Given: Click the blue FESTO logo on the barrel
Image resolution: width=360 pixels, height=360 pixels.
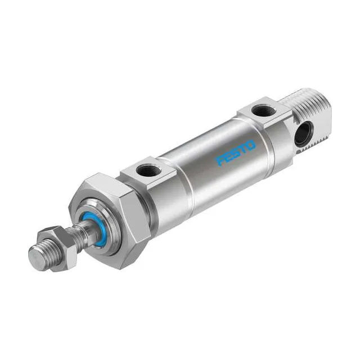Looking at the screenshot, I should point(236,152).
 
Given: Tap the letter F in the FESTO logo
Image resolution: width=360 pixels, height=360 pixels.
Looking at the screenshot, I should point(222,161).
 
